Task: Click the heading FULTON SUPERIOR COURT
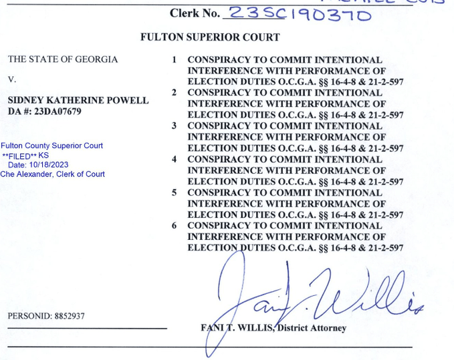(210, 37)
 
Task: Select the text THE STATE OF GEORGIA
(63, 59)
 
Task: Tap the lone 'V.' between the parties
(12, 79)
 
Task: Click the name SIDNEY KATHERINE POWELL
(78, 100)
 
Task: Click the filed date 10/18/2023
(49, 165)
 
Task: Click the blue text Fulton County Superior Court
(51, 146)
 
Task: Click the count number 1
(175, 60)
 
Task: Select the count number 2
(175, 93)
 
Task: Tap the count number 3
(175, 126)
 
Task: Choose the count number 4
(175, 160)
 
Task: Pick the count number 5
(175, 193)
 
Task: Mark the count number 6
(175, 226)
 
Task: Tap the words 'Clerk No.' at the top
(195, 13)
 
